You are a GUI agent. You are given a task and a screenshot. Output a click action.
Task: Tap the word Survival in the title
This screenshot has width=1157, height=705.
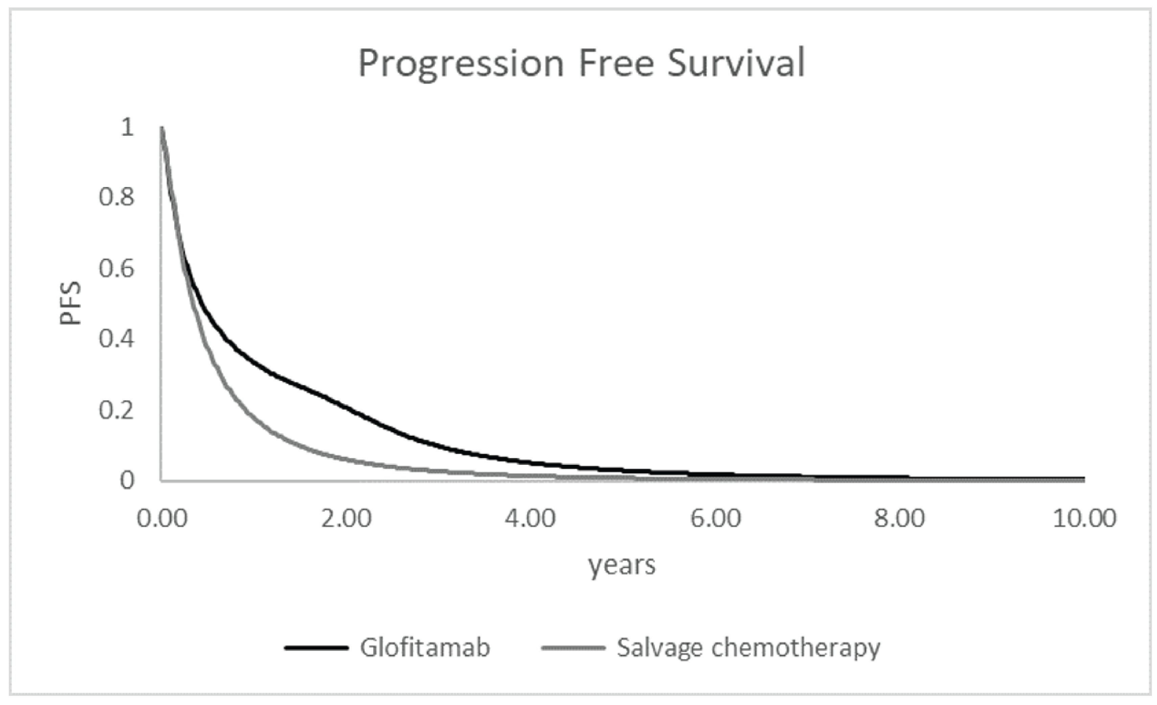pos(736,63)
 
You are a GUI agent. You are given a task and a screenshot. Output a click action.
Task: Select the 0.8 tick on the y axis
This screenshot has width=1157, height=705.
pos(116,198)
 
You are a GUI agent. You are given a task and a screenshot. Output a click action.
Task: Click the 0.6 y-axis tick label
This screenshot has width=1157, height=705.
pos(116,269)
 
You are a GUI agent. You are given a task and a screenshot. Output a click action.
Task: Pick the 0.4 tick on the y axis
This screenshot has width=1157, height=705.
pos(116,339)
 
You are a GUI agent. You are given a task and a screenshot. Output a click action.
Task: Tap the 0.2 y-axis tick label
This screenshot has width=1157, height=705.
pos(116,410)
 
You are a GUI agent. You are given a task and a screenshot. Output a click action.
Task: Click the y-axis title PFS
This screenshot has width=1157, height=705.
pos(70,303)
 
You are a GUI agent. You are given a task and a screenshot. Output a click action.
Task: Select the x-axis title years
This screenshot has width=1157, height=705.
pos(622,565)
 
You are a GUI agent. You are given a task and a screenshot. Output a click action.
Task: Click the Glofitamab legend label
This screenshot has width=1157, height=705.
pos(425,648)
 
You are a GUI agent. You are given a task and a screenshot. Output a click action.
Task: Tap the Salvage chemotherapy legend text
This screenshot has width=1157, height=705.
pos(748,648)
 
